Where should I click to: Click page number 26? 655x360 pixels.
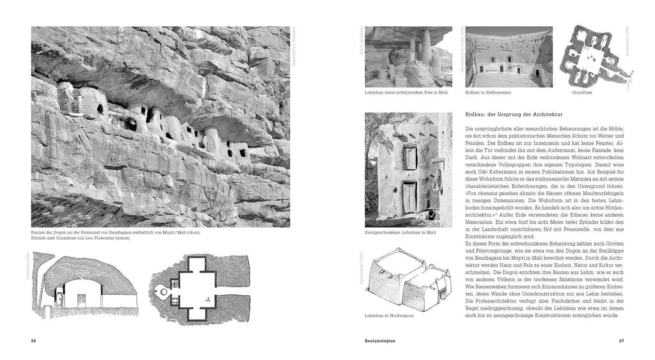click(x=33, y=340)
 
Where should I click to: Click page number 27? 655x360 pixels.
click(x=620, y=340)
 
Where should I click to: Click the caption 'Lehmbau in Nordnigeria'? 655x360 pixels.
click(x=387, y=316)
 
